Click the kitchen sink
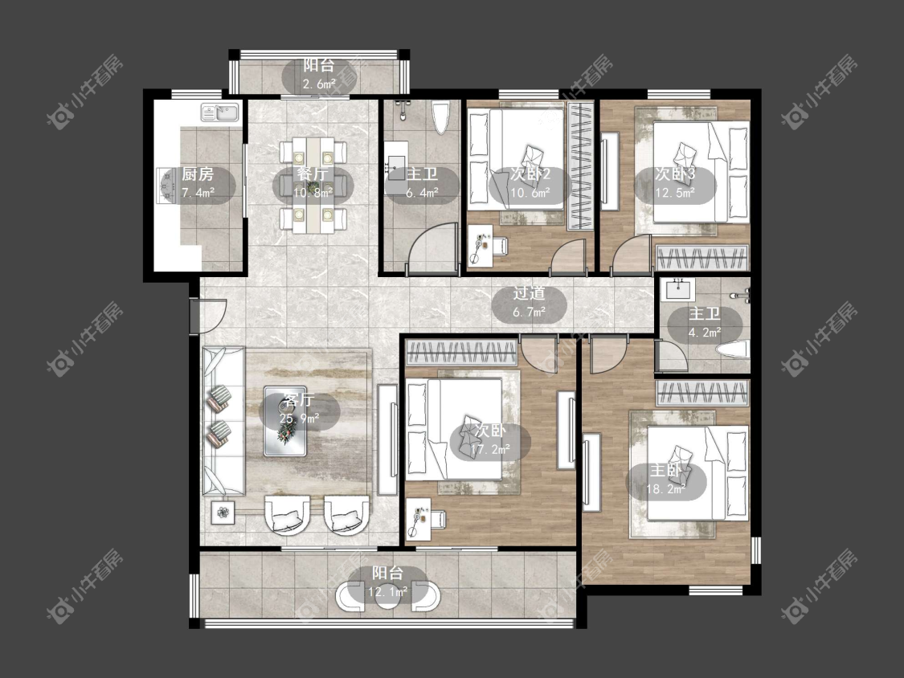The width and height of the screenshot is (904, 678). [220, 112]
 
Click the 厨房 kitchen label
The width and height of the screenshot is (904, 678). [198, 174]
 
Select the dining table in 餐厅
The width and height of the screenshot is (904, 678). [313, 185]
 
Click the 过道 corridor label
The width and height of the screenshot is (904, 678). [530, 293]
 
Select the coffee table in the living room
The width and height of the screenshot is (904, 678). [286, 421]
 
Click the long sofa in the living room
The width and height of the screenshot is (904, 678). [223, 421]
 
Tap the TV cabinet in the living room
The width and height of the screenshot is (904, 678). [388, 440]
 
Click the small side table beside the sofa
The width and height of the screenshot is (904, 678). [223, 512]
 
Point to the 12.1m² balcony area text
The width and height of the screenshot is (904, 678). [388, 591]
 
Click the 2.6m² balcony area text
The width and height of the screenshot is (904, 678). [319, 84]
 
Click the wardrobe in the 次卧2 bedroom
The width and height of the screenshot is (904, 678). [580, 166]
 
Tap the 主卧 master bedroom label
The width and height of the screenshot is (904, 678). [666, 471]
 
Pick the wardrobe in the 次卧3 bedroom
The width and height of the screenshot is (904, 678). [702, 258]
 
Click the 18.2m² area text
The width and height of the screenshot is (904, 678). [666, 489]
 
